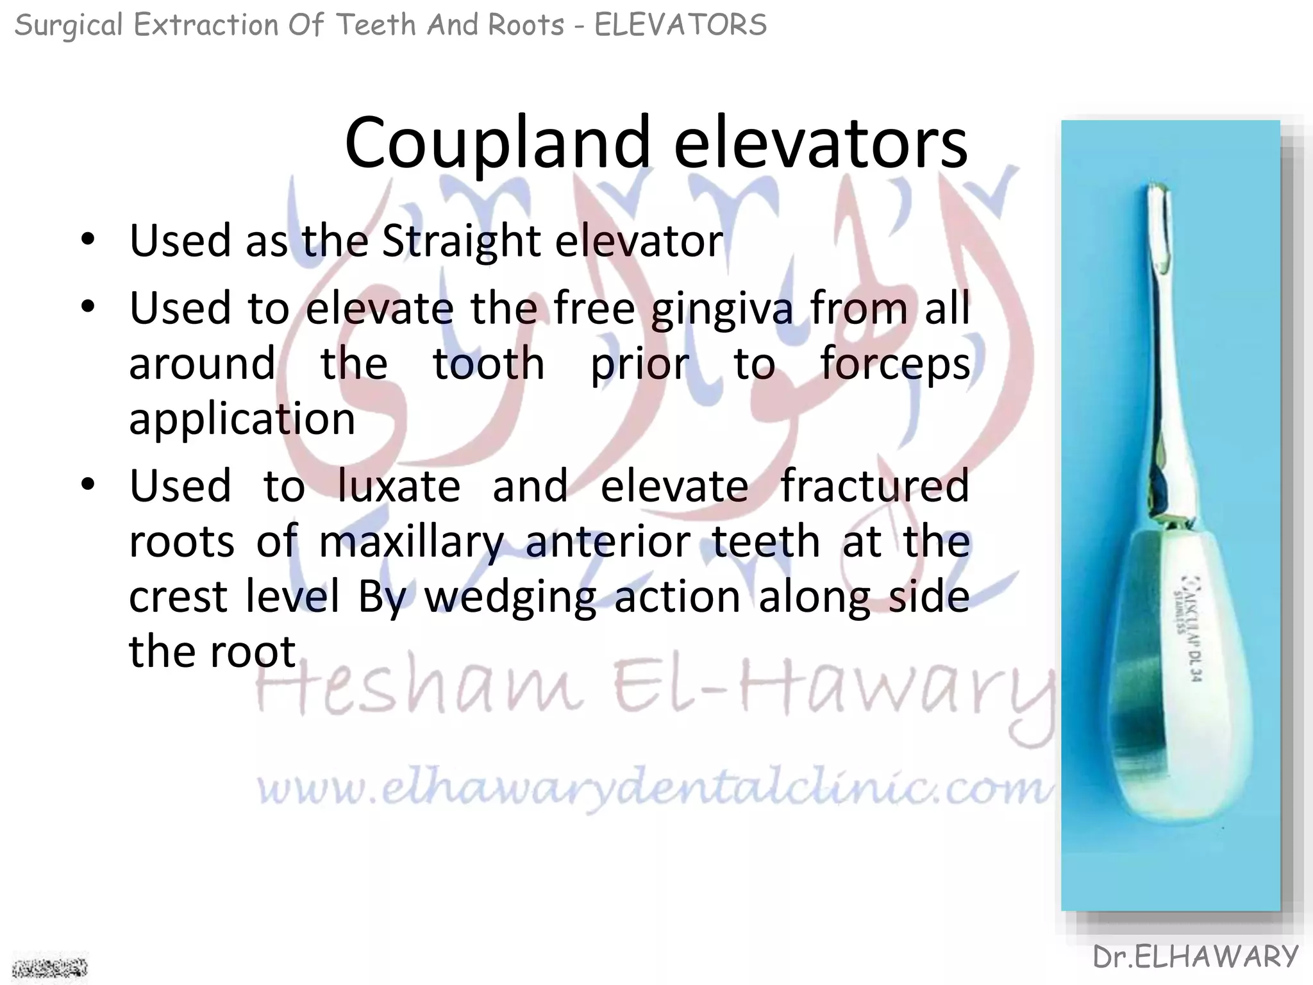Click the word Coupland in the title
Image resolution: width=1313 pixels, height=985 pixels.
498,144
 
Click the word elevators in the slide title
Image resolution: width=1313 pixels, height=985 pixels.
820,144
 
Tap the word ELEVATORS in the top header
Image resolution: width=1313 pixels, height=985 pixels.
680,26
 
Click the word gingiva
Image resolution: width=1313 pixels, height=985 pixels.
722,309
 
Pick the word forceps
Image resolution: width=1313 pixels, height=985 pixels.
895,364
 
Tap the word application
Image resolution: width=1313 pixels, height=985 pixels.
242,419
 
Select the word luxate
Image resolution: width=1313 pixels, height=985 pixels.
399,486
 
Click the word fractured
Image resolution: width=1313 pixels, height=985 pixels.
874,486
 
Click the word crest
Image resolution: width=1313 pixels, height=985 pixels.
177,596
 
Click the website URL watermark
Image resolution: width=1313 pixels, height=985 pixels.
654,789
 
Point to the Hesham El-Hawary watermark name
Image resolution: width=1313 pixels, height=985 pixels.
654,689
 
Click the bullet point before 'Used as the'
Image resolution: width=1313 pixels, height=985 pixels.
88,240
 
